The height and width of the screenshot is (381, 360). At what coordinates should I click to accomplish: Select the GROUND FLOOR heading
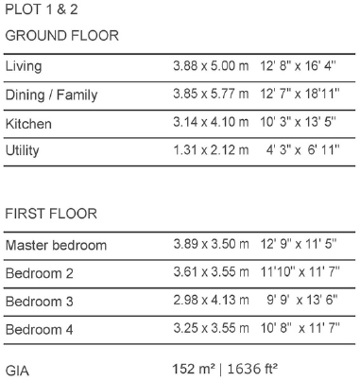tap(62, 36)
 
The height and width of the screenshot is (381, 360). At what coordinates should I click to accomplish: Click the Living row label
tap(24, 68)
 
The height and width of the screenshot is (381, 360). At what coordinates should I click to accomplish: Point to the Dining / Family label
tap(51, 95)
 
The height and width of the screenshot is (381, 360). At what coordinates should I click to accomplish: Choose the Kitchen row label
tap(28, 124)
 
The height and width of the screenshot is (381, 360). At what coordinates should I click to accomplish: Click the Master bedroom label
tap(56, 246)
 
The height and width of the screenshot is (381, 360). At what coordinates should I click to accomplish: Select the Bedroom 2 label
tap(39, 274)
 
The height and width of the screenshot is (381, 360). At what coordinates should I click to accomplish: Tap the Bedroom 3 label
tap(39, 302)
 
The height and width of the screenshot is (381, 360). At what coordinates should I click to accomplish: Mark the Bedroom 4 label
tap(39, 329)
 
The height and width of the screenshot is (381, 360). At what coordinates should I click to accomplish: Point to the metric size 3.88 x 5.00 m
tap(211, 68)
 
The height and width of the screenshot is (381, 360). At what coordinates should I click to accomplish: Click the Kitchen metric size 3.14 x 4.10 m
tap(211, 124)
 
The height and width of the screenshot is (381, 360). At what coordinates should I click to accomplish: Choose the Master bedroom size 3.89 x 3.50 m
tap(211, 246)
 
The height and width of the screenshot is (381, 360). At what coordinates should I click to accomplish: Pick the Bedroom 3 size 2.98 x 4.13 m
tap(211, 302)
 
